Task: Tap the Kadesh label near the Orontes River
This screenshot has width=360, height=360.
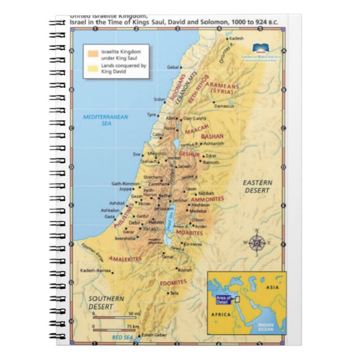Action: (237, 38)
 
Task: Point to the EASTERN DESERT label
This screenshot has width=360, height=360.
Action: (257, 186)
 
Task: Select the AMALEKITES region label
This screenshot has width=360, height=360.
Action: (126, 258)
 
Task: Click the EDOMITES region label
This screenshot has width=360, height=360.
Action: (173, 282)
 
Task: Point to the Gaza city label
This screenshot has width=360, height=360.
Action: (109, 216)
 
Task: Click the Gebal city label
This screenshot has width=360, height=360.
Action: (173, 67)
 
